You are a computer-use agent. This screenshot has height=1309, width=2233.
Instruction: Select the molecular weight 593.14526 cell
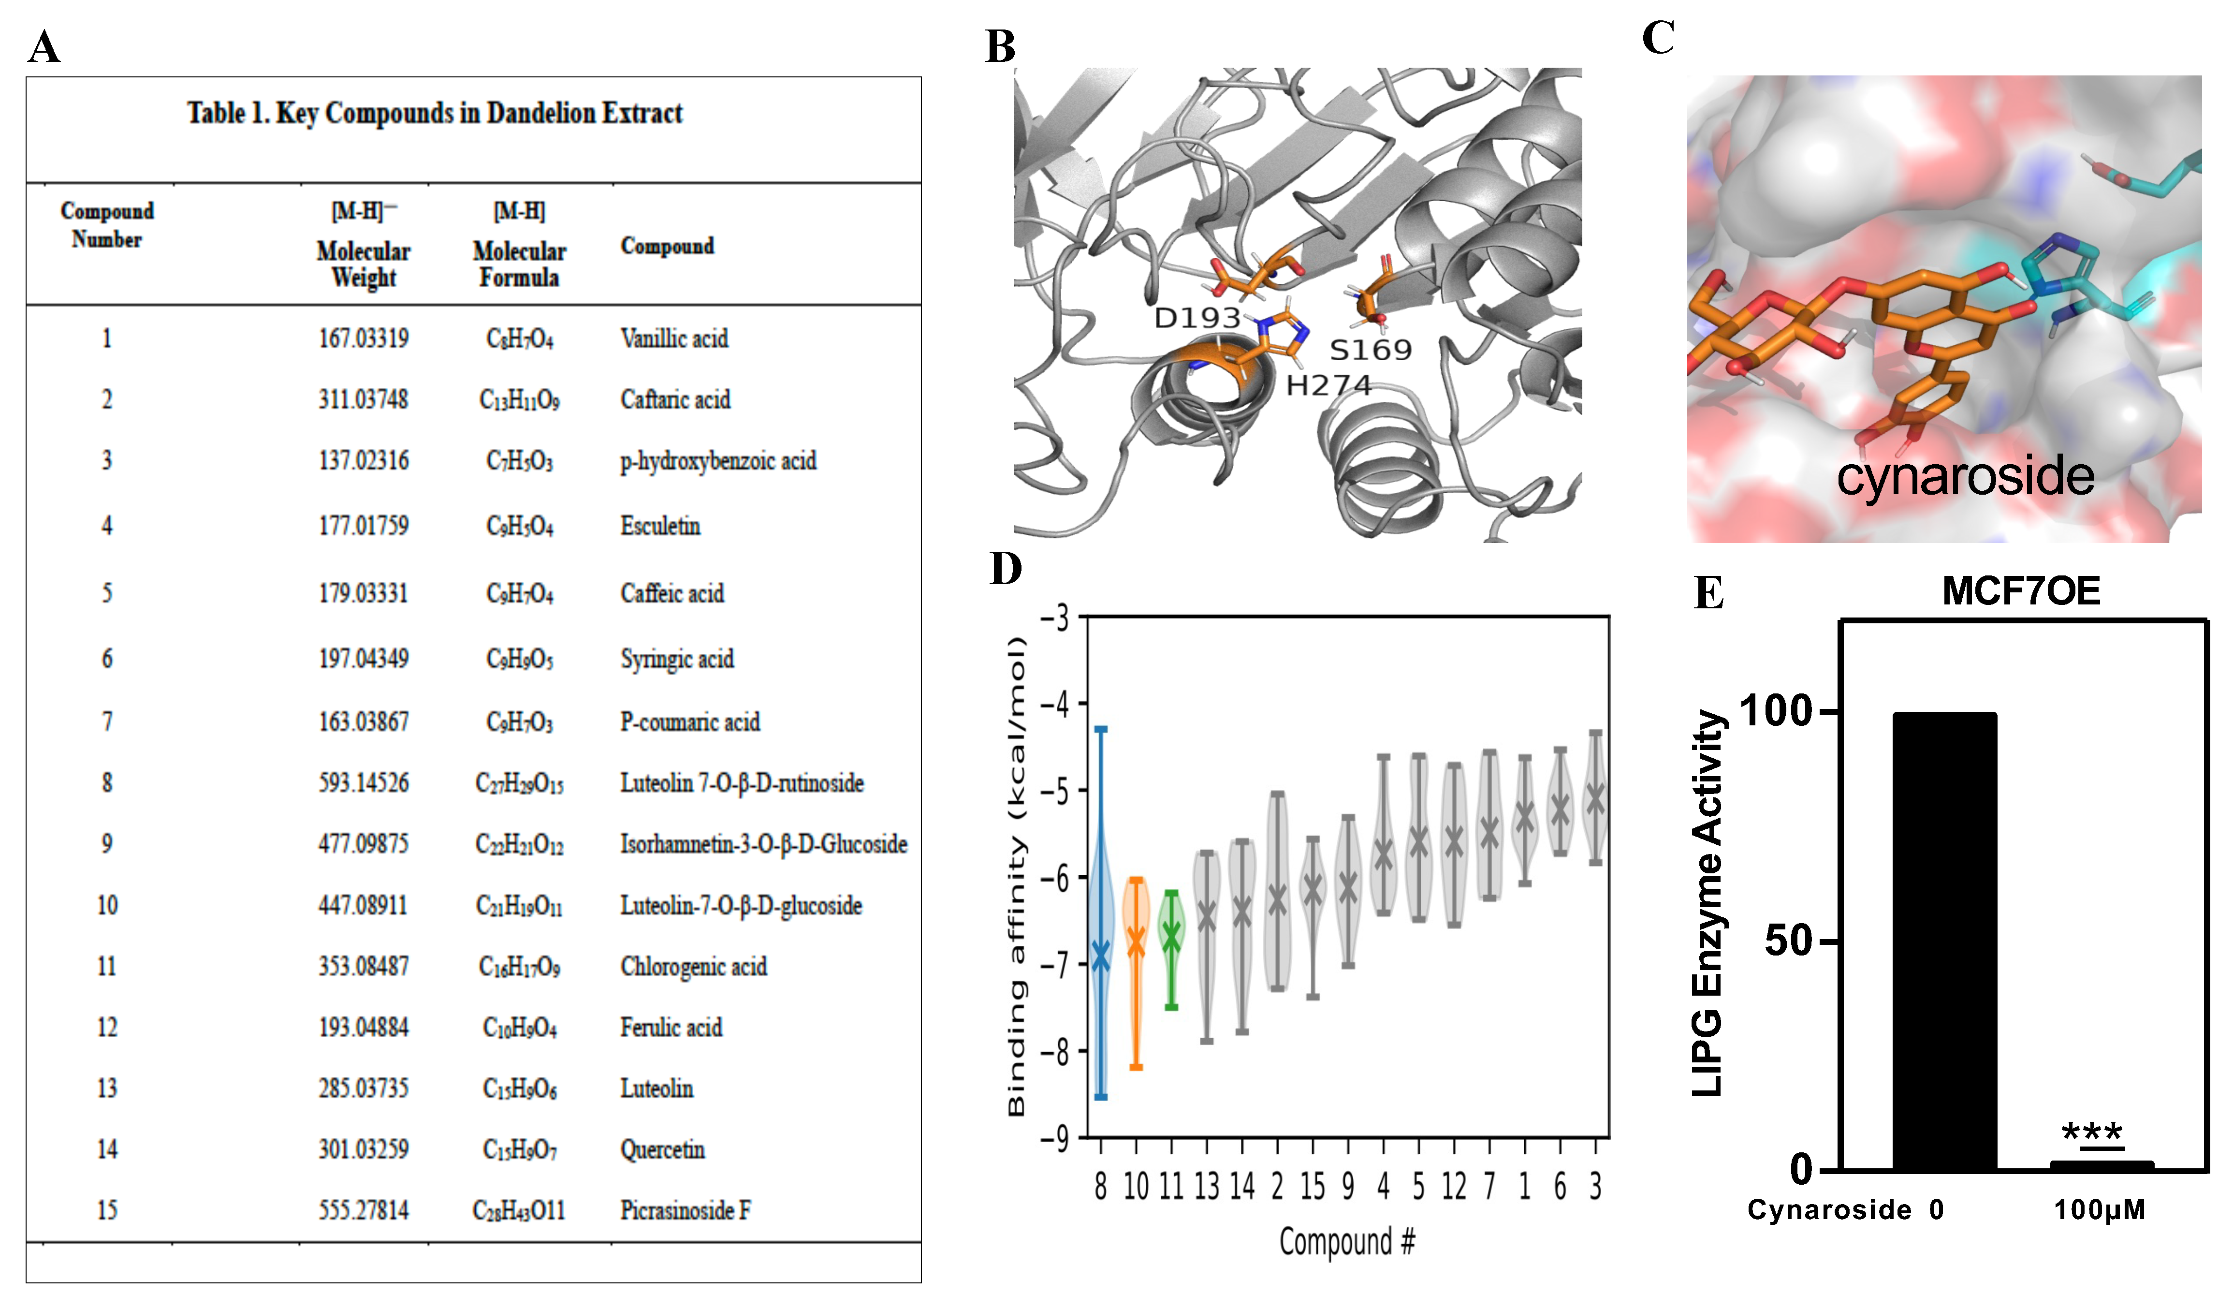364,782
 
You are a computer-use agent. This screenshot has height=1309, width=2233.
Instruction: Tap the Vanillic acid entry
673,338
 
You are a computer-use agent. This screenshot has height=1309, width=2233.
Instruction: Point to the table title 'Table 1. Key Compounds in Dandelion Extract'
434,114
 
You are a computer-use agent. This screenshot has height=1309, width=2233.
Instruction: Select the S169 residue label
1370,350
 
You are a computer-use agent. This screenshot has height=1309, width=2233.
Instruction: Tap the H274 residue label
1328,385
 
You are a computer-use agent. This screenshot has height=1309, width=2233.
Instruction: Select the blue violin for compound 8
1101,913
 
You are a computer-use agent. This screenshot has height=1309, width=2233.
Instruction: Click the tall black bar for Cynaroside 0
1944,940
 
